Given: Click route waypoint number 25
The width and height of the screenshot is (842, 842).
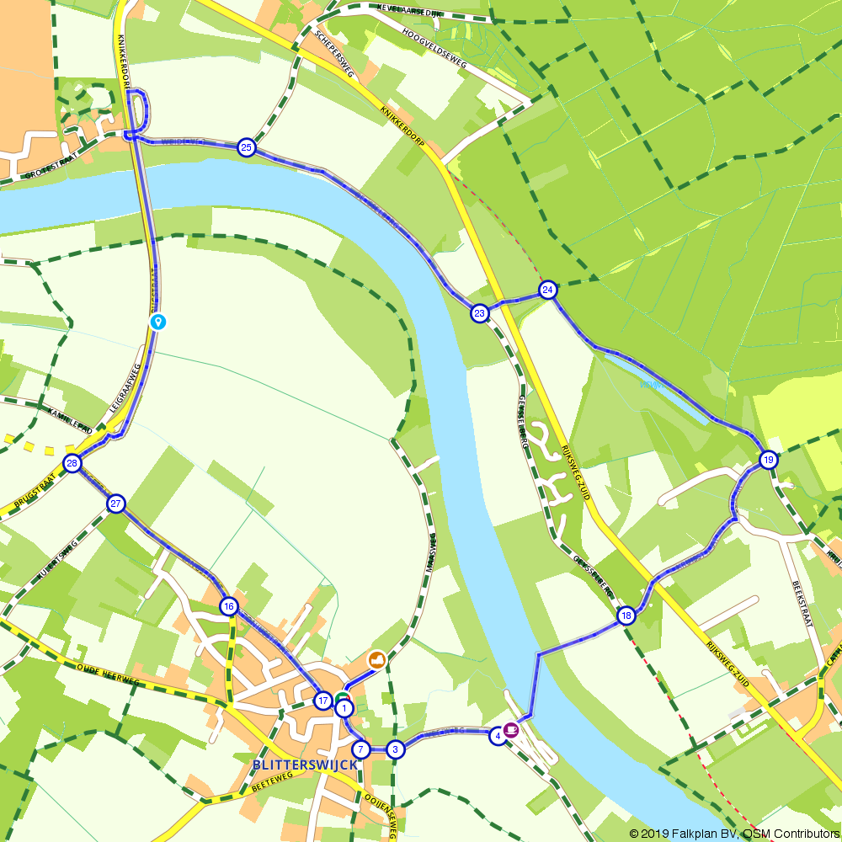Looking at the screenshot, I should click(x=246, y=147).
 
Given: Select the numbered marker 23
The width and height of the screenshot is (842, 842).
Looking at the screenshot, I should click(x=479, y=313).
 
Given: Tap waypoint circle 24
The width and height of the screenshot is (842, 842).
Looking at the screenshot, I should click(x=548, y=290).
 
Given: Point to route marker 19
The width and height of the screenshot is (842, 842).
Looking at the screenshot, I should click(x=768, y=460).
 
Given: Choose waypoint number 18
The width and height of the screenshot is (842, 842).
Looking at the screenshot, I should click(x=626, y=616).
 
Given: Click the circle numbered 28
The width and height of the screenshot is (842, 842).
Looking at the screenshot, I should click(x=72, y=463).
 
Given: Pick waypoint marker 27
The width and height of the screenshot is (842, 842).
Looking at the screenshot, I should click(x=116, y=504).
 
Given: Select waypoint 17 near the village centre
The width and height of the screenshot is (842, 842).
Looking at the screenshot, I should click(x=322, y=701).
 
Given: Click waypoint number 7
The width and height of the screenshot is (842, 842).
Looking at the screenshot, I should click(x=361, y=749).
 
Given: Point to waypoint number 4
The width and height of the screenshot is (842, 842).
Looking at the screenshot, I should click(x=498, y=736).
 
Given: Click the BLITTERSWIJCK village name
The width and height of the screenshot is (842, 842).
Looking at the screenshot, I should click(x=304, y=765).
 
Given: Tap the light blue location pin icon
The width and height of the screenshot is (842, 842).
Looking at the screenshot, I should click(x=157, y=321).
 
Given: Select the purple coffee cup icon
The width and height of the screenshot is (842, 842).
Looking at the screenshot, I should click(x=511, y=730).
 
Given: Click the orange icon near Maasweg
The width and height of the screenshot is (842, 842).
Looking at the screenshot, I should click(x=376, y=658).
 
